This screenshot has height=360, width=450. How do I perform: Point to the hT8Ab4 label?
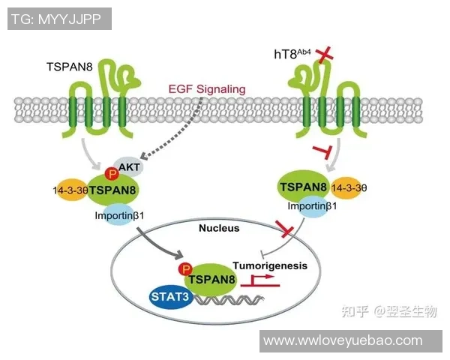[x=295, y=54]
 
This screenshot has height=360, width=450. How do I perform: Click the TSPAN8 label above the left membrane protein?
[x=70, y=66]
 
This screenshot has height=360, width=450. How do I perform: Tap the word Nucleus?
[x=222, y=227]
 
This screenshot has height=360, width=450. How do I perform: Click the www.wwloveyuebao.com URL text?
[x=354, y=340]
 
